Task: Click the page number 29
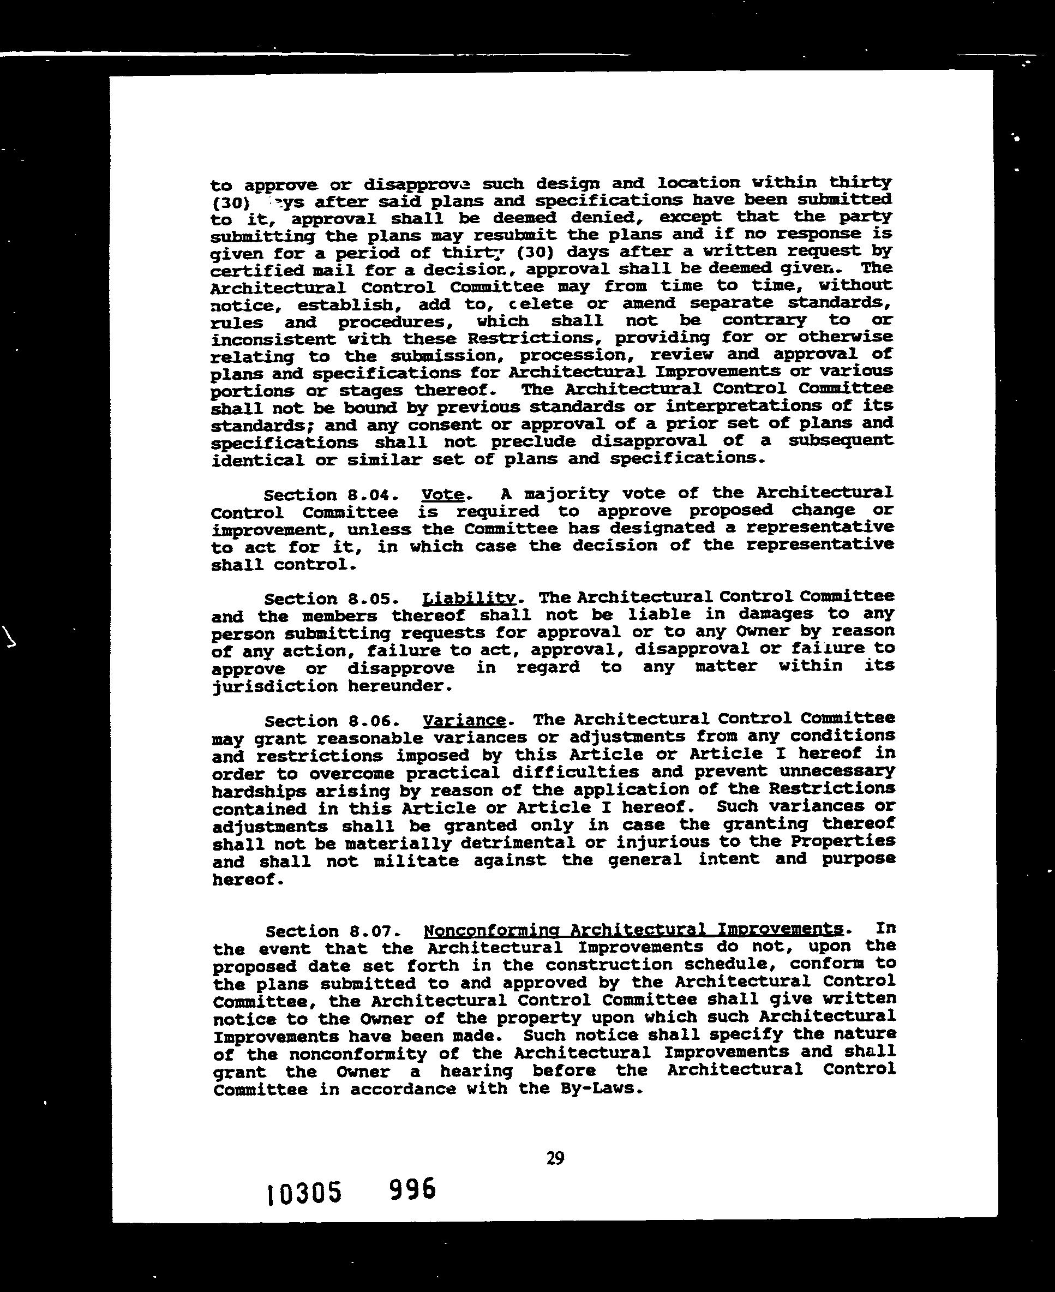tap(555, 1158)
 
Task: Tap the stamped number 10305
tap(304, 1193)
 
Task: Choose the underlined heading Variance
tap(464, 720)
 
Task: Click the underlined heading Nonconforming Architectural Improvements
tap(633, 930)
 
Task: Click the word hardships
tap(259, 791)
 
